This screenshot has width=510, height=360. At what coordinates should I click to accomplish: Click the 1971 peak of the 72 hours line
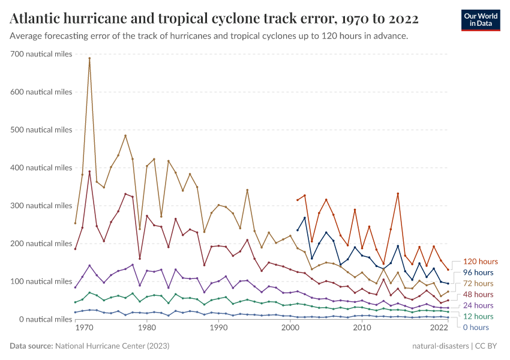click(x=89, y=58)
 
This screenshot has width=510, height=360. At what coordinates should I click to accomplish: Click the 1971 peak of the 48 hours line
click(x=89, y=172)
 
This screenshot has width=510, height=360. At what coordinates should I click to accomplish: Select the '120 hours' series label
click(x=481, y=262)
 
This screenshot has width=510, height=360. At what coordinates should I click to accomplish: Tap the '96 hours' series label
click(x=479, y=272)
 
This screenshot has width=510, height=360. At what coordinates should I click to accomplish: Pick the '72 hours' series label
click(x=479, y=283)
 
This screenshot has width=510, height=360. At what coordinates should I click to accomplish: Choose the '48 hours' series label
click(x=479, y=295)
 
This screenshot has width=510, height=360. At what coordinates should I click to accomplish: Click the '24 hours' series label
click(x=479, y=305)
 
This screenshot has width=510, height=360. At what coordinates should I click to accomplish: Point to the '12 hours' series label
click(x=479, y=316)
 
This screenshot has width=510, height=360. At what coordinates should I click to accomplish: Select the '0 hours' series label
click(x=477, y=327)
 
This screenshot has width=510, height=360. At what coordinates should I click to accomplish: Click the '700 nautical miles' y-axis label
click(x=41, y=54)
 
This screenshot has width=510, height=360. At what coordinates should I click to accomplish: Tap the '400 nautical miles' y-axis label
click(x=41, y=168)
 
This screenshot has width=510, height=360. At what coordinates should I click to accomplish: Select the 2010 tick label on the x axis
click(x=361, y=328)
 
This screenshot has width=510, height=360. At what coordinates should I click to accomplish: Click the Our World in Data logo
click(x=481, y=20)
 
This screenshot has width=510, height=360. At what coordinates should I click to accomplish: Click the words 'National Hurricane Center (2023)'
click(x=112, y=346)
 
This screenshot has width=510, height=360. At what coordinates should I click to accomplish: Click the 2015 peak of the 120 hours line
click(x=398, y=194)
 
